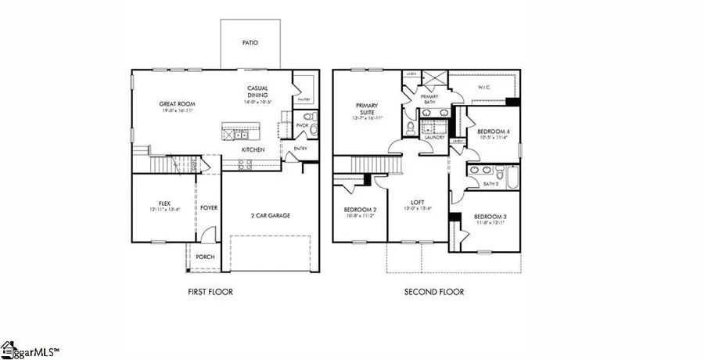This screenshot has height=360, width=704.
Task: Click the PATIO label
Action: pyautogui.click(x=250, y=43)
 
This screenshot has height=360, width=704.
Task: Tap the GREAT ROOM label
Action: pyautogui.click(x=177, y=103)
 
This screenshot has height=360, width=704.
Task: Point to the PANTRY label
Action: pyautogui.click(x=304, y=99)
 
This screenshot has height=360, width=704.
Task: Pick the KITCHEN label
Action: pyautogui.click(x=253, y=149)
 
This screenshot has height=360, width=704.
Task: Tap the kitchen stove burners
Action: pyautogui.click(x=244, y=164)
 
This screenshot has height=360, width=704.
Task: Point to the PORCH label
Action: pyautogui.click(x=205, y=257)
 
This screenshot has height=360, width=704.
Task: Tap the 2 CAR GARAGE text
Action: pyautogui.click(x=270, y=215)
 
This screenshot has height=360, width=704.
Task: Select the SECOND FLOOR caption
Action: pyautogui.click(x=434, y=292)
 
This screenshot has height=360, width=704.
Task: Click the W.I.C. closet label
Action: pyautogui.click(x=484, y=87)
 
